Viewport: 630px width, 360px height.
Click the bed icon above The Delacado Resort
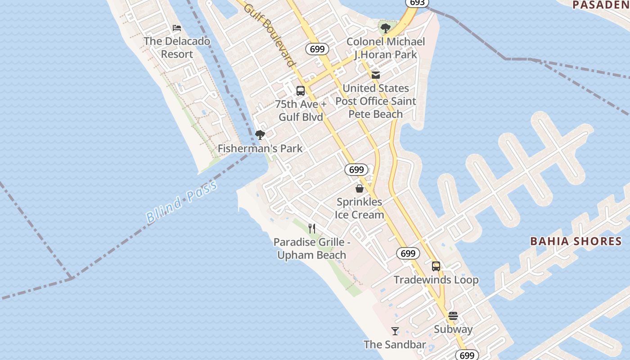(177, 28)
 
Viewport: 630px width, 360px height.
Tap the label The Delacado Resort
(177, 48)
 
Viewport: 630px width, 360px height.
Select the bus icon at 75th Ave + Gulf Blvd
(301, 90)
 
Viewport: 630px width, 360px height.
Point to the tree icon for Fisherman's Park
(260, 135)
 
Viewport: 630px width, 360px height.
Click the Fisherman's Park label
(260, 148)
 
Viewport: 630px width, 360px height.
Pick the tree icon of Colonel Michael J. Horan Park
(385, 28)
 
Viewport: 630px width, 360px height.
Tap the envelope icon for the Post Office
(376, 75)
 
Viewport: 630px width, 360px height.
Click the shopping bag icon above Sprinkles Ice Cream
(360, 188)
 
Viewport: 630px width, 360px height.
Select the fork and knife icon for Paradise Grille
(312, 229)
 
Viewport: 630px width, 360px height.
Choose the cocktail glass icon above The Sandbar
(395, 331)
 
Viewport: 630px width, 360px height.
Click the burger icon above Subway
(453, 315)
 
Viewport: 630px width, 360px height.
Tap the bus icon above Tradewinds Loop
(436, 266)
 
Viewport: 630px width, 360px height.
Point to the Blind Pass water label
(182, 201)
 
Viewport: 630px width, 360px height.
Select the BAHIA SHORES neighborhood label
(576, 241)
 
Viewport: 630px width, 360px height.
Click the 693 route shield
(417, 3)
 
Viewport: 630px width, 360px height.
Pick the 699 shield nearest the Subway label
(467, 355)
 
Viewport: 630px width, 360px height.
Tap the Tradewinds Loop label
(436, 280)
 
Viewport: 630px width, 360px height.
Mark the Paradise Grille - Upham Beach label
(312, 248)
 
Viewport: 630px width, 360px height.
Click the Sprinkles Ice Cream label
(360, 208)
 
